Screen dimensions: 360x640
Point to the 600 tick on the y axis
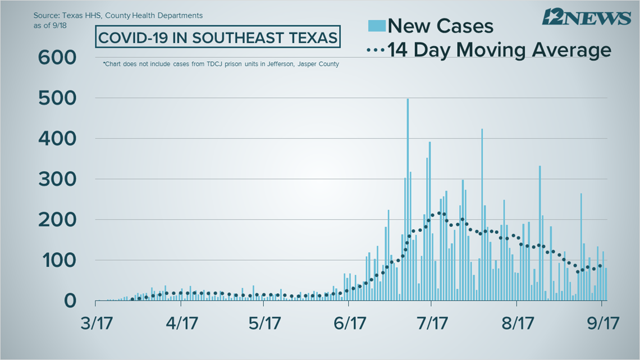(x=57, y=57)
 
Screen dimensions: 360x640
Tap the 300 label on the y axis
(x=57, y=179)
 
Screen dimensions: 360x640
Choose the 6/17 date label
(x=349, y=325)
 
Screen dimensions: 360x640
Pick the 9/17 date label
(x=602, y=325)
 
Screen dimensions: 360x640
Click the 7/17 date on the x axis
(x=431, y=325)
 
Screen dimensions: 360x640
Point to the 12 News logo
(x=586, y=17)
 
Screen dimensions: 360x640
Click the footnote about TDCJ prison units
(x=221, y=64)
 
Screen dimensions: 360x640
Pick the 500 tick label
(x=57, y=98)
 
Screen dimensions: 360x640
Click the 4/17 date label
(x=180, y=325)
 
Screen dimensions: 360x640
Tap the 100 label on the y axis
(x=57, y=261)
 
